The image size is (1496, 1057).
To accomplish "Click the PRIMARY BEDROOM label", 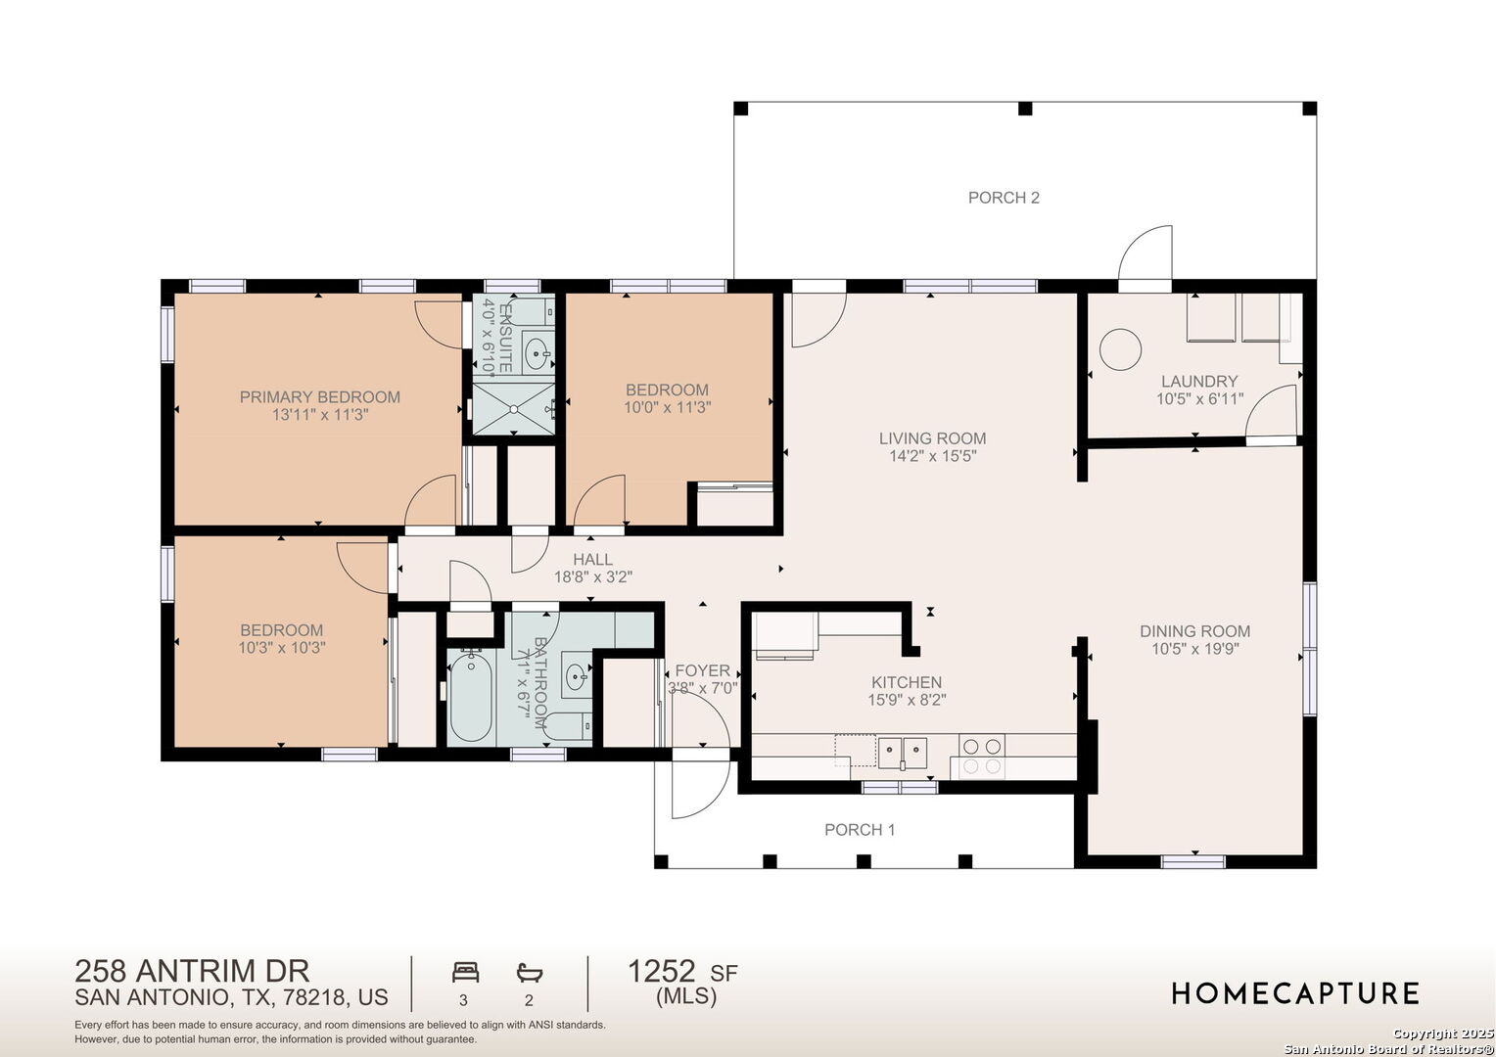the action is (320, 396).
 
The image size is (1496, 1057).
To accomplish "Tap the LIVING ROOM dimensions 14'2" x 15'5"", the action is (933, 456).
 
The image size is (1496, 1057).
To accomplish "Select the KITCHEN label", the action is (907, 682).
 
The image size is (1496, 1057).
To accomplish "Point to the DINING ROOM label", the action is (1194, 631).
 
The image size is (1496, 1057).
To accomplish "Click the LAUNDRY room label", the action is (1199, 382).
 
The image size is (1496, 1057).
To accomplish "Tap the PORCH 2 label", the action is (1004, 198).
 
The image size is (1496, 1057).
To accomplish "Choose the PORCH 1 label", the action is (860, 830).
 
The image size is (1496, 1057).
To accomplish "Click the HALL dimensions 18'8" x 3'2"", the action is (593, 576).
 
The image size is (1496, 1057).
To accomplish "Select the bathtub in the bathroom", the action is (471, 697).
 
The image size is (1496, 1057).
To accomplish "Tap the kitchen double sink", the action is (903, 754).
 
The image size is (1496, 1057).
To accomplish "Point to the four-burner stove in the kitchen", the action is (982, 757).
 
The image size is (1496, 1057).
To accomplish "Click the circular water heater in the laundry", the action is (1120, 349).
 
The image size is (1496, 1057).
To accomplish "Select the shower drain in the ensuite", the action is (514, 409).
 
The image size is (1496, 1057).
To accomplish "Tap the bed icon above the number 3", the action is (465, 972).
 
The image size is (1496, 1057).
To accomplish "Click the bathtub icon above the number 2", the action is (529, 973).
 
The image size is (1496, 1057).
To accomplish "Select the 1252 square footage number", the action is (661, 972).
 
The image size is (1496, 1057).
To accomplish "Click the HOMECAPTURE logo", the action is (1295, 994).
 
